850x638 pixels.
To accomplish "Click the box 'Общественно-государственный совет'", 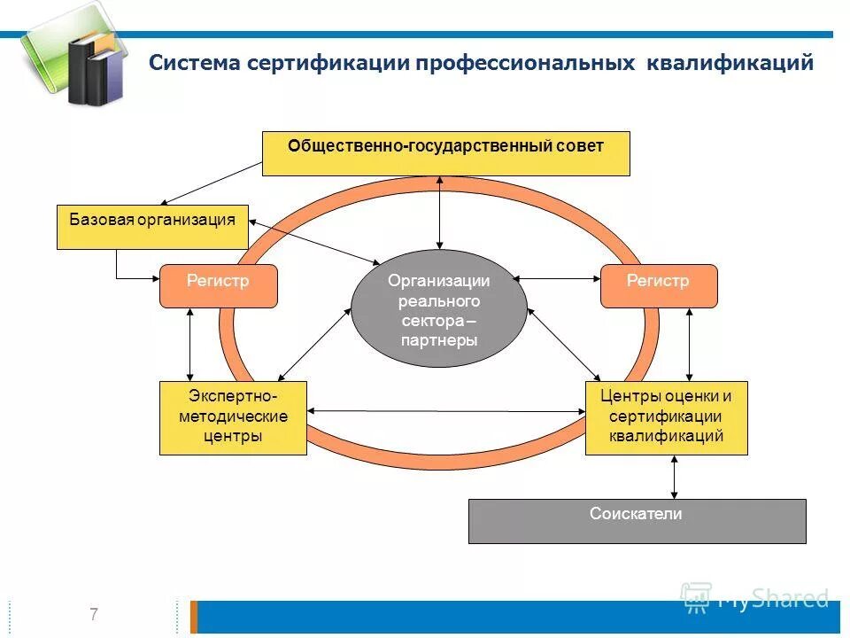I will pyautogui.click(x=445, y=153).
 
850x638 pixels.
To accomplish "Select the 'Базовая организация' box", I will pyautogui.click(x=152, y=227).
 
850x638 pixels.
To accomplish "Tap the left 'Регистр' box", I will pyautogui.click(x=218, y=285).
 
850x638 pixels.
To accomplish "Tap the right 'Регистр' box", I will pyautogui.click(x=658, y=285).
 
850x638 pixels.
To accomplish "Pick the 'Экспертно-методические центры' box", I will pyautogui.click(x=233, y=417).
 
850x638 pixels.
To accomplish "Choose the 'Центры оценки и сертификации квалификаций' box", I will pyautogui.click(x=666, y=417).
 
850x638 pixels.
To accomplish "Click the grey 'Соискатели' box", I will pyautogui.click(x=637, y=520).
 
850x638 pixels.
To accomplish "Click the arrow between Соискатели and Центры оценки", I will pyautogui.click(x=675, y=477).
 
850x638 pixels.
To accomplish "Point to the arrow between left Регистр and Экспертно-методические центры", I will pyautogui.click(x=189, y=344).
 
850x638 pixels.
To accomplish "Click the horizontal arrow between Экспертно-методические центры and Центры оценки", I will pyautogui.click(x=446, y=411).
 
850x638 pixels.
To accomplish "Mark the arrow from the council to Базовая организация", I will pyautogui.click(x=212, y=183).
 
